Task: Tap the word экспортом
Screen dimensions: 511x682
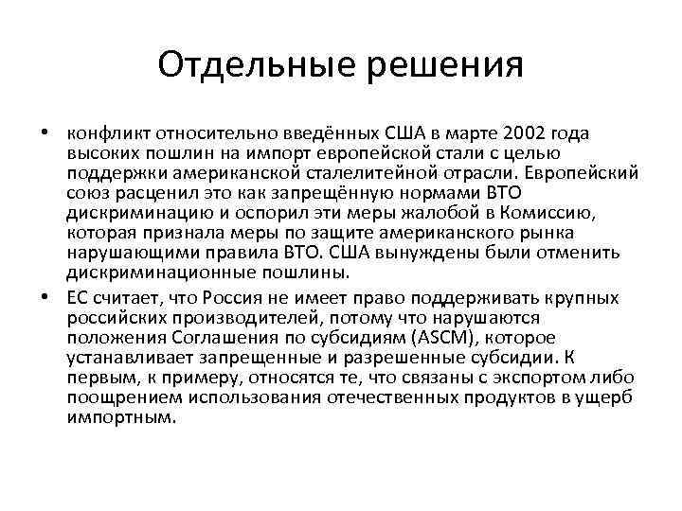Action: pyautogui.click(x=536, y=378)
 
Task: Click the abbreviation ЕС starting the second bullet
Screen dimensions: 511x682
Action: pyautogui.click(x=78, y=298)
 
